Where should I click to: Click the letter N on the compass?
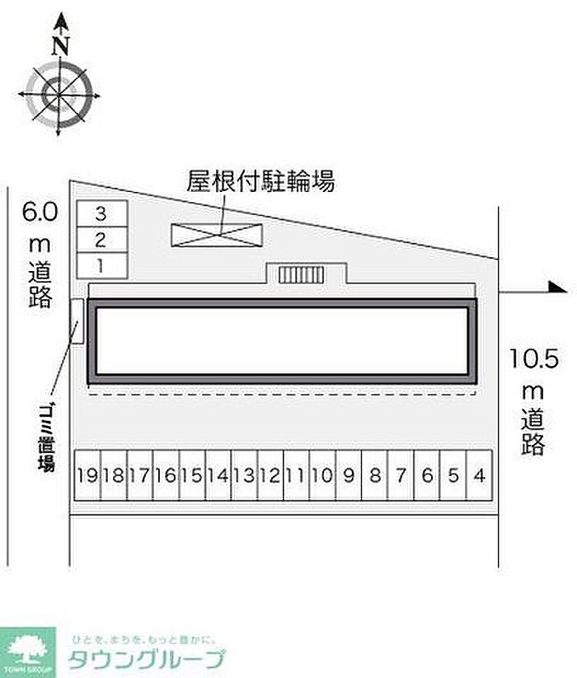click(59, 45)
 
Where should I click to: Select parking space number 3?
click(101, 213)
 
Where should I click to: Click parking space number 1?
click(101, 265)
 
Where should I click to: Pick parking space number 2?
click(101, 240)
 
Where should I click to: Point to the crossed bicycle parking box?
click(218, 234)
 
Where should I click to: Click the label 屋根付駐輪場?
click(260, 181)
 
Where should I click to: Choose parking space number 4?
click(479, 475)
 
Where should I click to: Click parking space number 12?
click(270, 475)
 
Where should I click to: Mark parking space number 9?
click(349, 475)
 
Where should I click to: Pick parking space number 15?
click(192, 475)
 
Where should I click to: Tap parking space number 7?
click(401, 475)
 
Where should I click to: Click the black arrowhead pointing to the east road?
click(557, 288)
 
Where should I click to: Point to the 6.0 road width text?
click(39, 212)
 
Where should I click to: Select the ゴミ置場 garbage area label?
click(46, 436)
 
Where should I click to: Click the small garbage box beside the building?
click(77, 321)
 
